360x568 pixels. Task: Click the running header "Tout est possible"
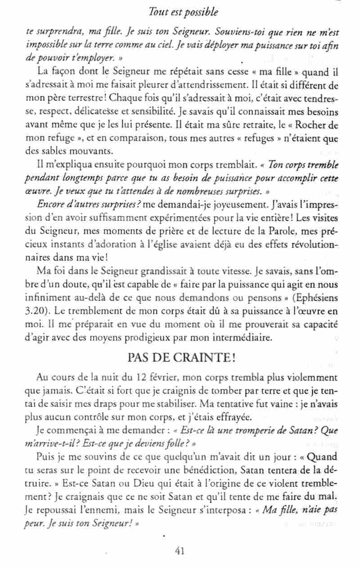(x=183, y=10)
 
